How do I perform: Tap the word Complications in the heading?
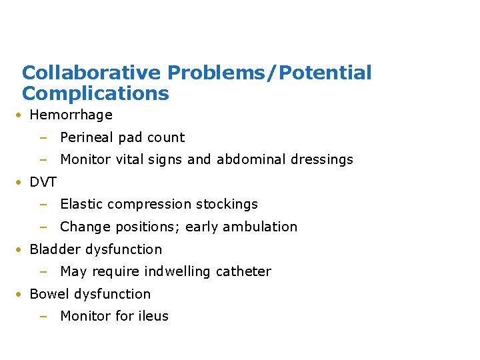[95, 93]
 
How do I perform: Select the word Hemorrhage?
[71, 115]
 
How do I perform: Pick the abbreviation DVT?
[43, 182]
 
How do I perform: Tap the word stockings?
[225, 205]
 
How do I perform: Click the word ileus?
[153, 317]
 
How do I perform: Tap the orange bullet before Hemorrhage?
[21, 115]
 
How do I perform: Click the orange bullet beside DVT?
[21, 182]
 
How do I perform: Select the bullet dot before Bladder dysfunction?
[21, 249]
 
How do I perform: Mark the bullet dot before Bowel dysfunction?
[21, 294]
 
